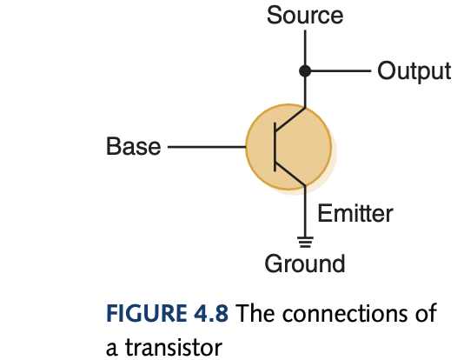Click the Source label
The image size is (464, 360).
coord(304,16)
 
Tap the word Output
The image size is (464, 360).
coord(414,70)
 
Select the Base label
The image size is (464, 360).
coord(133,146)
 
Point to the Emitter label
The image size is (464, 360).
coord(355,213)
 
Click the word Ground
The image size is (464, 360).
coord(305,263)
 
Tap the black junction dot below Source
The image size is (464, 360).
coord(305,70)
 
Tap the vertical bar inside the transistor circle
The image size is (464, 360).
coord(275,146)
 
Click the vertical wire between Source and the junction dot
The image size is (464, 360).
coord(305,48)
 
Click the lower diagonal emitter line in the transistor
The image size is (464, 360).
coord(290,173)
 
